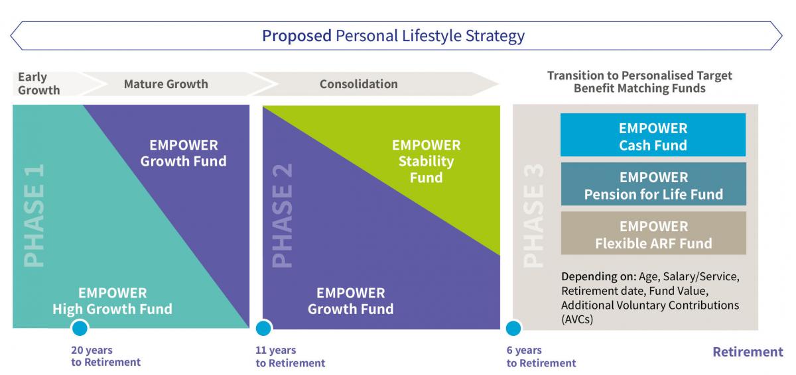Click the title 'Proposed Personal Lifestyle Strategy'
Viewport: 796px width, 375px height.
point(393,36)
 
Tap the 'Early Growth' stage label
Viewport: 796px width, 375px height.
point(38,83)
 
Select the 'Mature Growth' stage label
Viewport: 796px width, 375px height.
point(166,84)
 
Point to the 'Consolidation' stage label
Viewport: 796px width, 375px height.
point(359,84)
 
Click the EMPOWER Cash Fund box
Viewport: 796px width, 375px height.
point(653,134)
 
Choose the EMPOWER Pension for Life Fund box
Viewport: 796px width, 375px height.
point(653,184)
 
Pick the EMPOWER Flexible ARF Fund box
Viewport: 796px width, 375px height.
point(653,233)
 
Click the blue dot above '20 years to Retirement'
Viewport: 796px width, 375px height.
point(80,328)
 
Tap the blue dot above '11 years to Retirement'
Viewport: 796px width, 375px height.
point(263,328)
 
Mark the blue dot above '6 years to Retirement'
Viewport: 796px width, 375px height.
point(513,328)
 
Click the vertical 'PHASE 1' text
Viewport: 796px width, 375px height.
point(34,215)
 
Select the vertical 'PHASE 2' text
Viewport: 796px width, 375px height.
point(282,215)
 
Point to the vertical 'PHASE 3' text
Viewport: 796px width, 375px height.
point(533,215)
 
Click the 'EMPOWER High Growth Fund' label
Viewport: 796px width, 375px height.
point(112,301)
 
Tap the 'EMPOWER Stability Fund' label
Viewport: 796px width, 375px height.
point(426,162)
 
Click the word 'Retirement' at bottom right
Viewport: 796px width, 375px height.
point(748,352)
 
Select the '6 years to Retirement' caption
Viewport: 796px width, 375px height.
point(541,356)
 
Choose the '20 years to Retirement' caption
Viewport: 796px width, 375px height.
point(106,356)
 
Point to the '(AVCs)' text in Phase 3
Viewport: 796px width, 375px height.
point(577,319)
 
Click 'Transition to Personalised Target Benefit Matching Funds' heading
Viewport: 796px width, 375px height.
point(639,82)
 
